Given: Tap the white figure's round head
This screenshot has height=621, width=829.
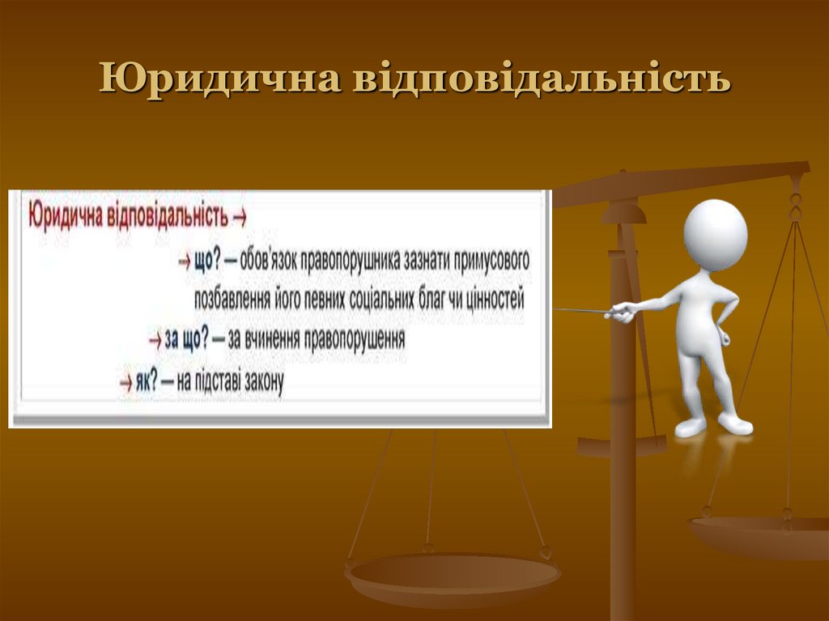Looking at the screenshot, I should pyautogui.click(x=715, y=234).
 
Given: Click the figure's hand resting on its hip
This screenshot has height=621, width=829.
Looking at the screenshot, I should pyautogui.click(x=723, y=334).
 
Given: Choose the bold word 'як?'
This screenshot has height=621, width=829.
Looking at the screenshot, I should pyautogui.click(x=146, y=381).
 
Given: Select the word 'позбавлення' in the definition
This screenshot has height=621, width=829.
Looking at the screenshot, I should pyautogui.click(x=229, y=300).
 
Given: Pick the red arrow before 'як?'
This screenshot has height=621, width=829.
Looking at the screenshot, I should pyautogui.click(x=125, y=381).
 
